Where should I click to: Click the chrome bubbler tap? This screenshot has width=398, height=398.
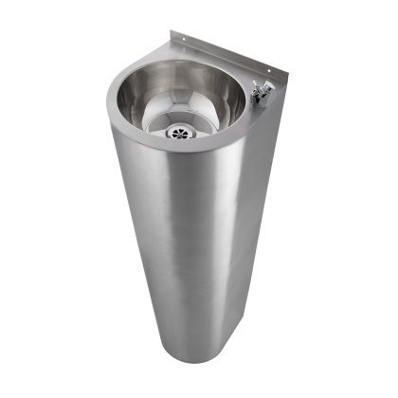[x=262, y=93]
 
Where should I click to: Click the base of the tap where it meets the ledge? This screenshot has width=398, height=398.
[x=261, y=101]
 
